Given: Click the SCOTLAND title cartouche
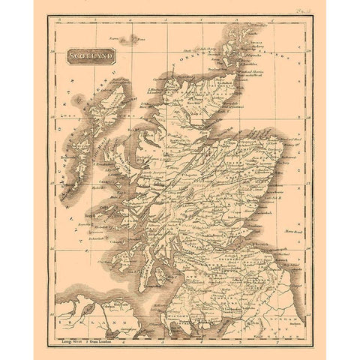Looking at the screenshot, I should pyautogui.click(x=91, y=55).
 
